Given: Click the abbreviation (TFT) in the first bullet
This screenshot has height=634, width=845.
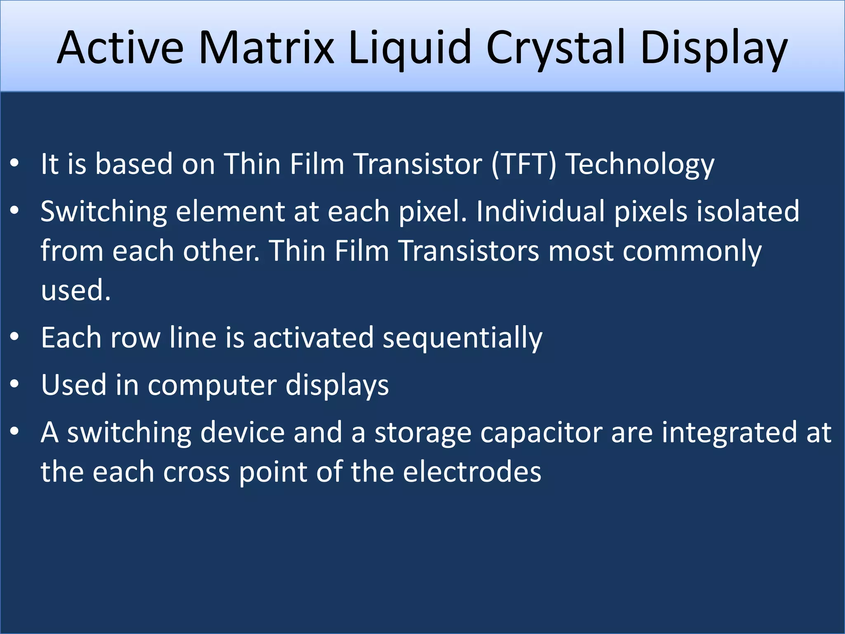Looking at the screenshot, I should click(x=524, y=164).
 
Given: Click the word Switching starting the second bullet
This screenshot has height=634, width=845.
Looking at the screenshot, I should click(x=104, y=211).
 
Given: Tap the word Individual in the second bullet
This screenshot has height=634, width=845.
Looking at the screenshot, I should click(x=541, y=211).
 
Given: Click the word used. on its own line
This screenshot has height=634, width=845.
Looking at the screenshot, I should click(x=76, y=290).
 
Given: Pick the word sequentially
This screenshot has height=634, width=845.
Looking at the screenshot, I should click(x=463, y=338).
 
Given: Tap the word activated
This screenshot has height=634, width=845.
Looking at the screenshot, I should click(x=313, y=338).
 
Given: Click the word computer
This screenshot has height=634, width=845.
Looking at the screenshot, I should click(x=212, y=385).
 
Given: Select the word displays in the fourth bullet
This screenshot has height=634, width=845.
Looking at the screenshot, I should click(x=337, y=385).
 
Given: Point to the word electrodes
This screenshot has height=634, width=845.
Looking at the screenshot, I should click(x=472, y=472).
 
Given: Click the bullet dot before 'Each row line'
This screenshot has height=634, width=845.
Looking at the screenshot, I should click(x=15, y=337).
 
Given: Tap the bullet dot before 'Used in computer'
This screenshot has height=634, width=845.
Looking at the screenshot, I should click(x=15, y=384).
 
